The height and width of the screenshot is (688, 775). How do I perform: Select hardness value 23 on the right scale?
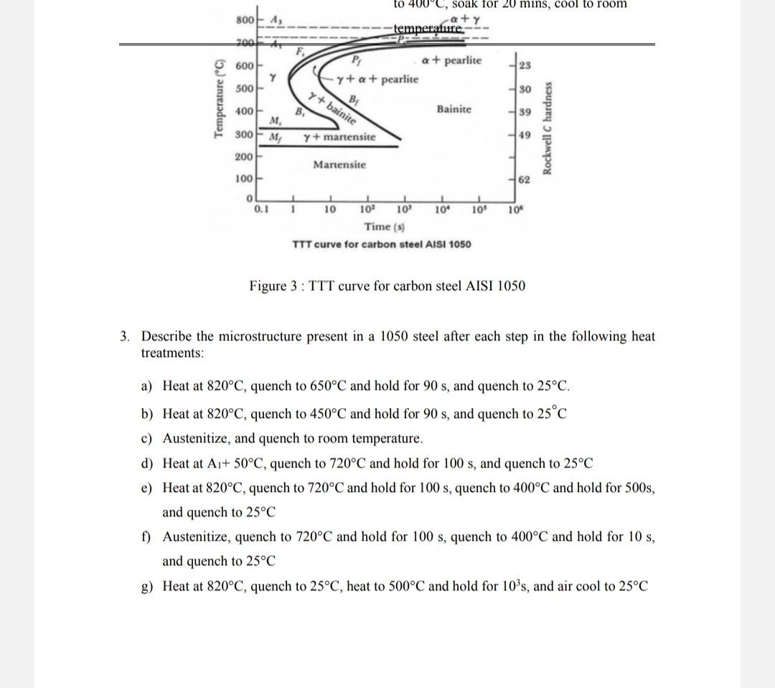(524, 65)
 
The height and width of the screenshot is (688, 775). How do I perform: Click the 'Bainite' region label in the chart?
(454, 109)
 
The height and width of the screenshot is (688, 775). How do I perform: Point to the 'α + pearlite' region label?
(453, 60)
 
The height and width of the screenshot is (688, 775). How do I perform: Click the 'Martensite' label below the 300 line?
(339, 164)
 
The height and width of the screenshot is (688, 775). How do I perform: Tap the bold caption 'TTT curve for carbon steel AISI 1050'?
(382, 244)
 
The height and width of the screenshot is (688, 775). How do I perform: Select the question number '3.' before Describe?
(126, 336)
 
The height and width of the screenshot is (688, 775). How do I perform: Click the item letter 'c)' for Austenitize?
(146, 438)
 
